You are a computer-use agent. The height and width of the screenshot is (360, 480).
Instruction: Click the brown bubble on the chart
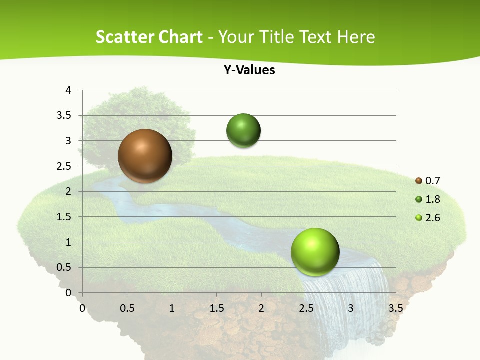click(x=145, y=156)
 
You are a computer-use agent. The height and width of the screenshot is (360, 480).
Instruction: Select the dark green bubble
click(x=243, y=131)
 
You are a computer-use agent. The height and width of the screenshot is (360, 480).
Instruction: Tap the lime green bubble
click(x=315, y=252)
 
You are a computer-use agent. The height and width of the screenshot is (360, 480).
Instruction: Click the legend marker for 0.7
click(x=419, y=181)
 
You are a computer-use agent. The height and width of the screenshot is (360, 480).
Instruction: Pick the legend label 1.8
click(x=433, y=199)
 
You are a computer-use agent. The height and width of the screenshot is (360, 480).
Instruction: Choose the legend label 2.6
click(x=433, y=218)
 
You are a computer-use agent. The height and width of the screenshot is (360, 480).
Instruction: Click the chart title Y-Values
click(x=249, y=70)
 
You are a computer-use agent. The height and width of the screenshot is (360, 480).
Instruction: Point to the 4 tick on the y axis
click(x=68, y=90)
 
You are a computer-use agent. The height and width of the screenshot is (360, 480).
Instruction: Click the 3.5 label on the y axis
click(x=65, y=116)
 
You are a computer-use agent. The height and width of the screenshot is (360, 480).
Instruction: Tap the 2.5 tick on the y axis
click(x=65, y=166)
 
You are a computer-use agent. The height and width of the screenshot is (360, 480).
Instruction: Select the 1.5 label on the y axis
click(x=65, y=217)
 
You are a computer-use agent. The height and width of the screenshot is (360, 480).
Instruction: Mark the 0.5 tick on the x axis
click(x=127, y=308)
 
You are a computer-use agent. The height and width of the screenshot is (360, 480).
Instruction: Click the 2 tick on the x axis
click(x=261, y=308)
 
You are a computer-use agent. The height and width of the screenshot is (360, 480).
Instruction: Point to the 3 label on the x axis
click(x=351, y=308)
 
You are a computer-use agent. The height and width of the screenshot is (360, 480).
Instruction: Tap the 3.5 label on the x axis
click(x=395, y=308)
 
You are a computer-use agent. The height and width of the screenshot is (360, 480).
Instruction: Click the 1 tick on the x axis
click(x=172, y=308)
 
